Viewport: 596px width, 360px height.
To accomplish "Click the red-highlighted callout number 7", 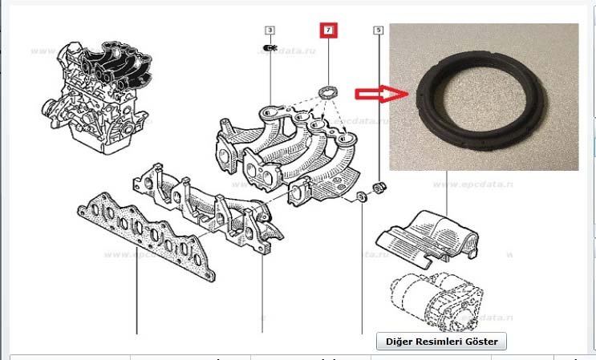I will pos(327,31).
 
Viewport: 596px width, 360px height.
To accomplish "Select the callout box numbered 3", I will pos(270,31).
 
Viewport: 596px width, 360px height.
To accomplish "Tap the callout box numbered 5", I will pos(379,31).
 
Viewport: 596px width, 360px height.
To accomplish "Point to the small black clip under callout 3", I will pos(270,50).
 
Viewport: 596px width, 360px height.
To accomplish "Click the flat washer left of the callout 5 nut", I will pos(362,196).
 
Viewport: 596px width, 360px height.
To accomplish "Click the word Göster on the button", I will pos(480,342).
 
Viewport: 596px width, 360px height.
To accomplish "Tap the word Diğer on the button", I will pos(402,342).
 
